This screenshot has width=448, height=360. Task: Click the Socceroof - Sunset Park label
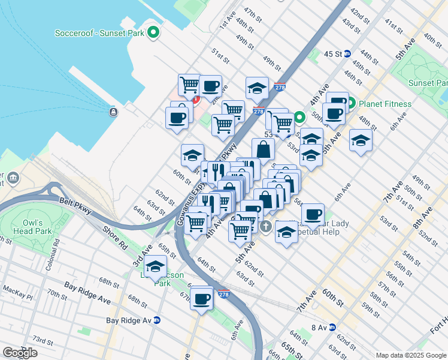[x=99, y=32]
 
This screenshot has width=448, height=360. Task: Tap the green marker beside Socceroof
[x=154, y=32]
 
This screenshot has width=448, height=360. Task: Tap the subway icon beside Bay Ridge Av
[x=157, y=320]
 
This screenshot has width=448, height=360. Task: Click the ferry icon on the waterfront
[x=113, y=112]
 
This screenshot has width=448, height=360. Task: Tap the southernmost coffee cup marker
[x=202, y=297]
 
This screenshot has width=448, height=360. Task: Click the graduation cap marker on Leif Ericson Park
[x=156, y=265]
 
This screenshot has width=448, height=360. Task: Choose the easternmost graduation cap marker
[x=360, y=141]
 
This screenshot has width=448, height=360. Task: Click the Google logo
[x=20, y=353]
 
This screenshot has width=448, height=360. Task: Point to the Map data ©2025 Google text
[x=410, y=355]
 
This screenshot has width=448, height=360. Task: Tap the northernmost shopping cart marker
[x=190, y=85]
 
